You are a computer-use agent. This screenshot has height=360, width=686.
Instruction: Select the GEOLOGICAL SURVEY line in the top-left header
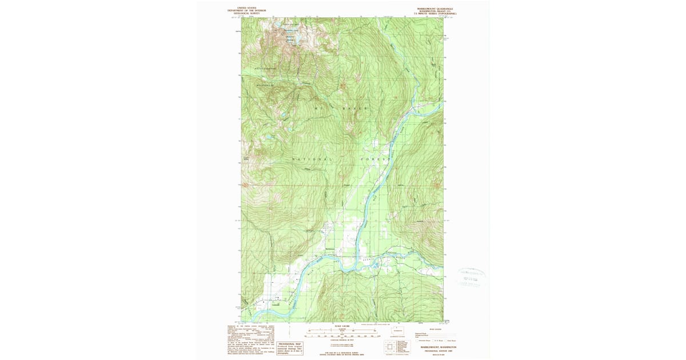(x=247, y=13)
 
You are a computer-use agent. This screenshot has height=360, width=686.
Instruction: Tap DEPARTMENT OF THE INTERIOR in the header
(x=247, y=11)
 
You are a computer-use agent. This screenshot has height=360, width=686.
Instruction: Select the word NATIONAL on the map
(x=311, y=158)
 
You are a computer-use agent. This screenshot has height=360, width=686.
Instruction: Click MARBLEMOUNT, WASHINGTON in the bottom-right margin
(x=440, y=347)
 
